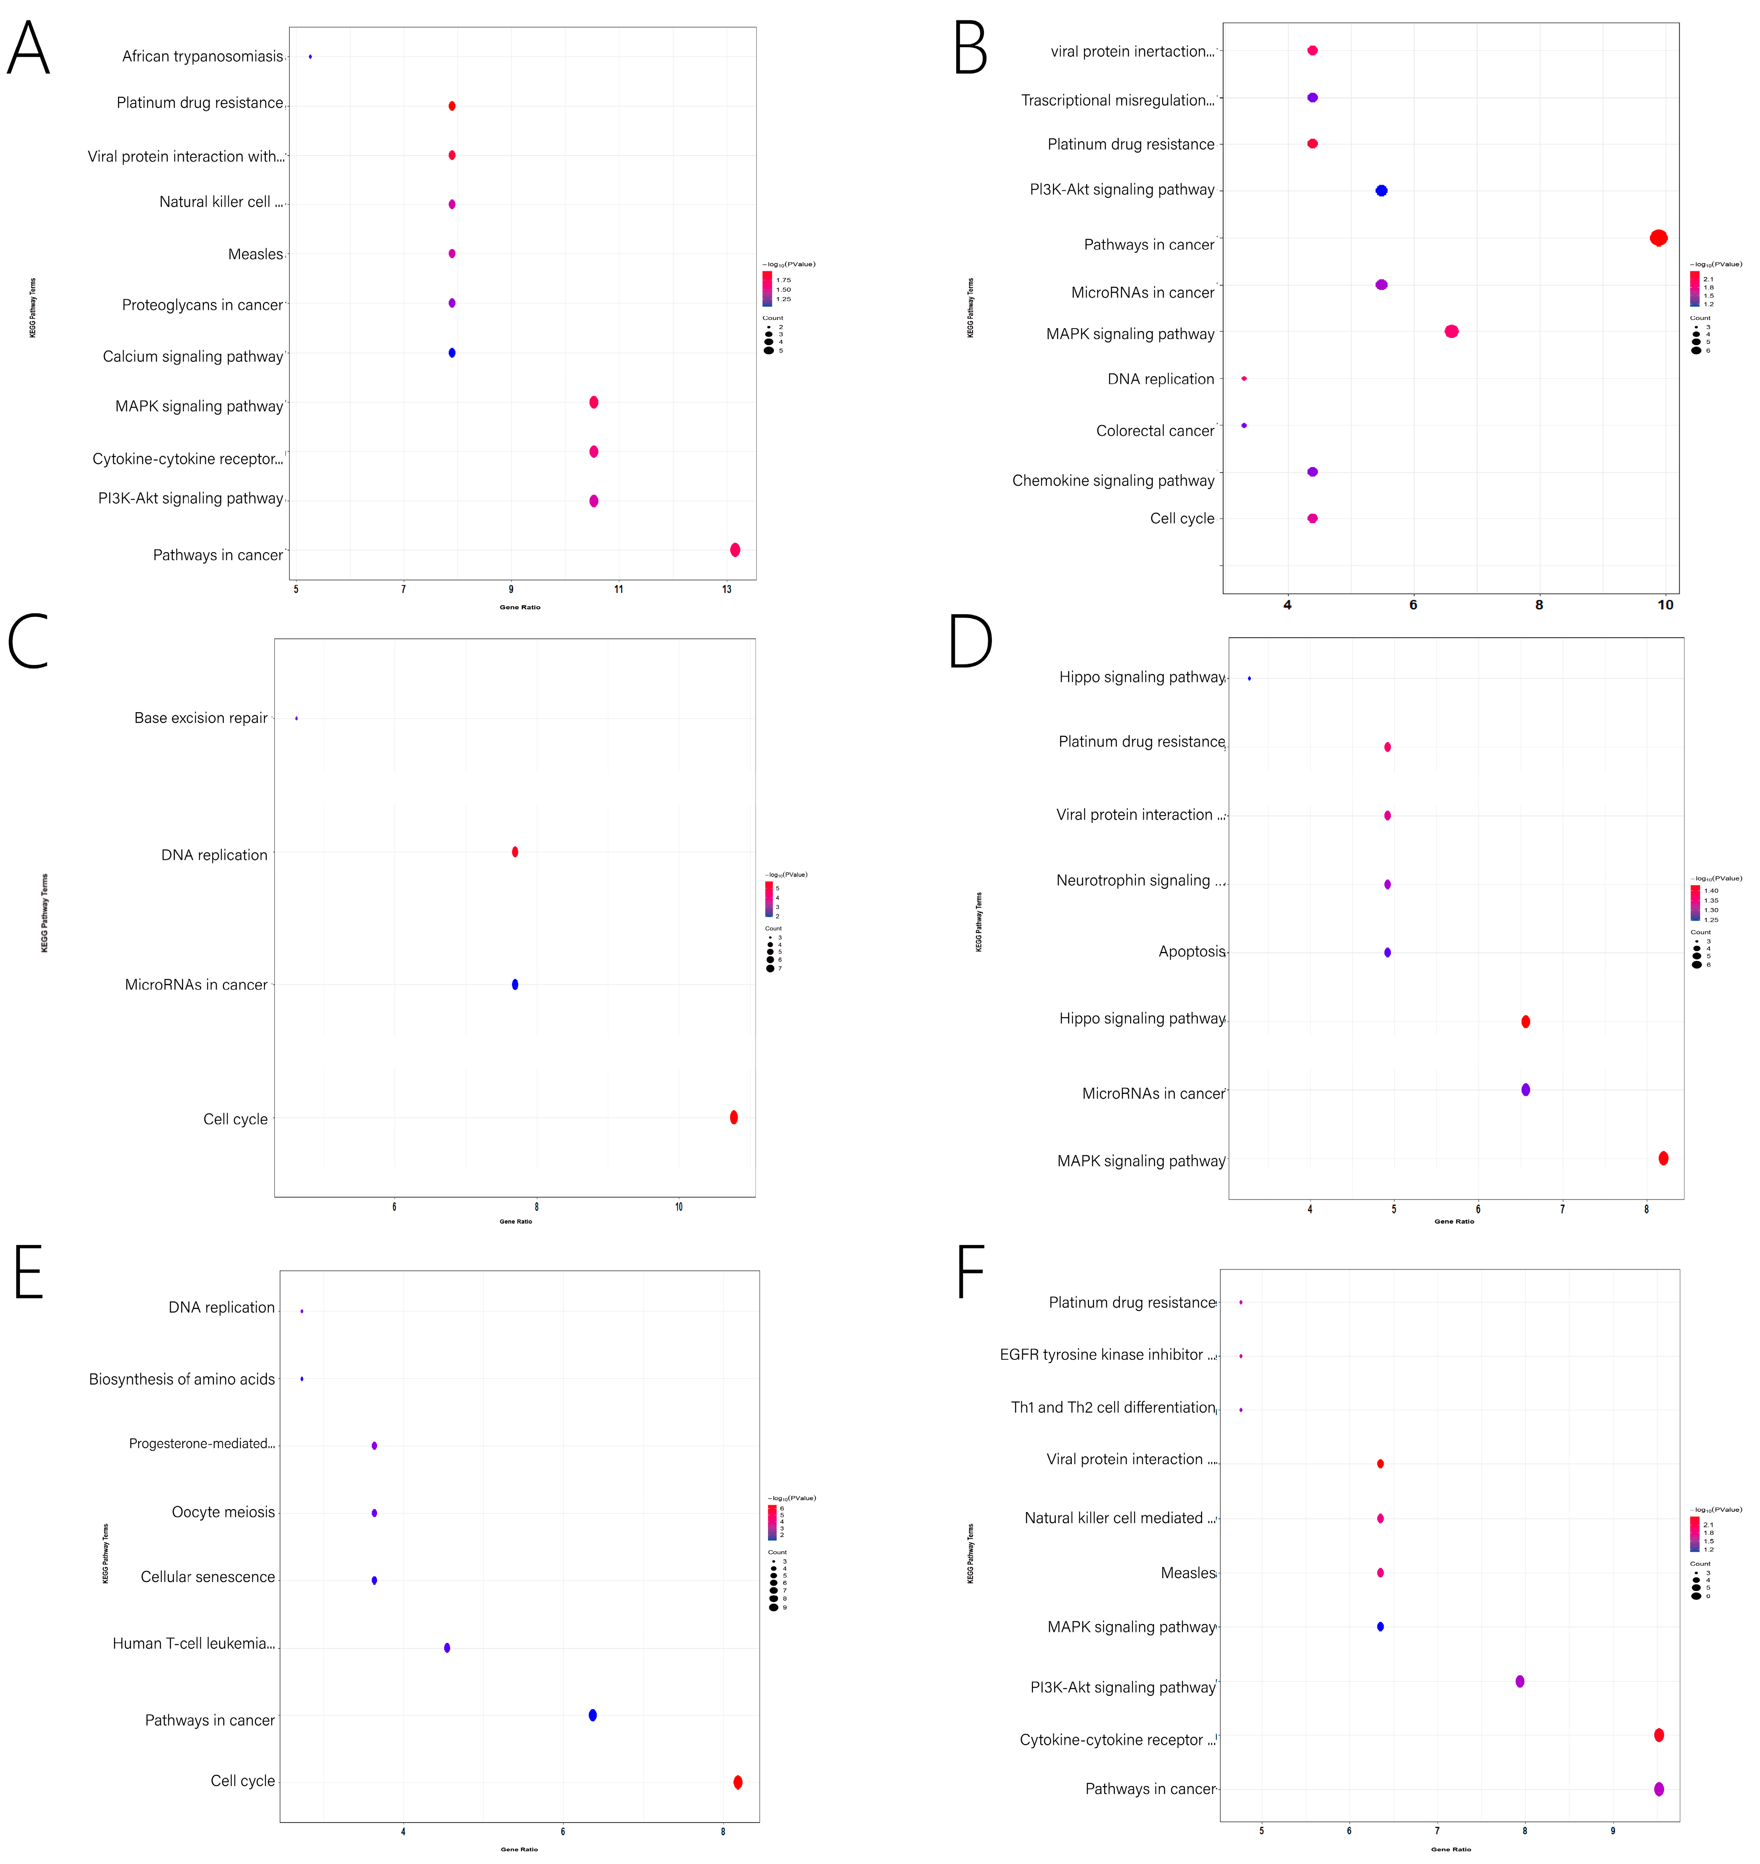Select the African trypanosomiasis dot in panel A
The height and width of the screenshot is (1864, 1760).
[x=311, y=56]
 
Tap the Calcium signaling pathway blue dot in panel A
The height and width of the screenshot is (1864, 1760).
[x=452, y=353]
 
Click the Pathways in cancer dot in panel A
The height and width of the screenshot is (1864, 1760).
[x=735, y=550]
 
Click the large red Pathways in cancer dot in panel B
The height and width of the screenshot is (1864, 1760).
[x=1659, y=237]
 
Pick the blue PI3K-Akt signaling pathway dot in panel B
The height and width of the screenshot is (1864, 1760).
[x=1381, y=190]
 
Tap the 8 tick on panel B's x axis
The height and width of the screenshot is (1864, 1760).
[x=1538, y=605]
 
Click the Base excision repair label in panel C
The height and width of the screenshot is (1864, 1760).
[x=201, y=718]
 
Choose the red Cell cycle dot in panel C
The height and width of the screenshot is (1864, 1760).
[x=734, y=1117]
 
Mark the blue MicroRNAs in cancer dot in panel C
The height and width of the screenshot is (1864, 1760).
[x=515, y=984]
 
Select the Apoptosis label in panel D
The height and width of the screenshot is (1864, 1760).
[x=1191, y=951]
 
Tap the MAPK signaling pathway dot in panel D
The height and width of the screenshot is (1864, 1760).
[x=1663, y=1159]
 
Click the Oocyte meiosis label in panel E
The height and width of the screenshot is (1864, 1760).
[x=223, y=1512]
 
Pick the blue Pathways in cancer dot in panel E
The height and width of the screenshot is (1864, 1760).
[x=593, y=1715]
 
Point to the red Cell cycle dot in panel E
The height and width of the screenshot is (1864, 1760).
[x=738, y=1782]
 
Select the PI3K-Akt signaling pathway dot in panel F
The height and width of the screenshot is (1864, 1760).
[x=1520, y=1681]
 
